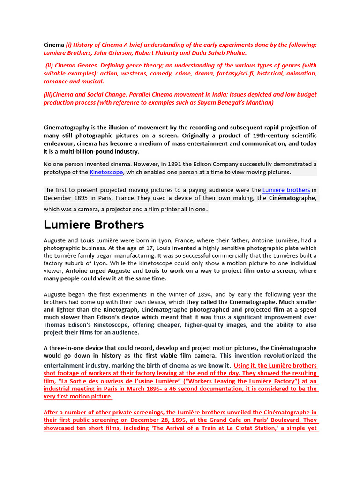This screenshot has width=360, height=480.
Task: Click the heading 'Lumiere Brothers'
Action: coord(94,225)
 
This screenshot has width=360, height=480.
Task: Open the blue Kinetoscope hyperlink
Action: coord(106,172)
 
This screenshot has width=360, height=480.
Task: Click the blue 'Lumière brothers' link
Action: coord(286,190)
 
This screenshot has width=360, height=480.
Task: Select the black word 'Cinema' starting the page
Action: coord(54,45)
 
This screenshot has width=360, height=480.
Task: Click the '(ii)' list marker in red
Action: coord(50,66)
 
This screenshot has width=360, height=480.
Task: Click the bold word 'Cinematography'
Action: coord(68,127)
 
